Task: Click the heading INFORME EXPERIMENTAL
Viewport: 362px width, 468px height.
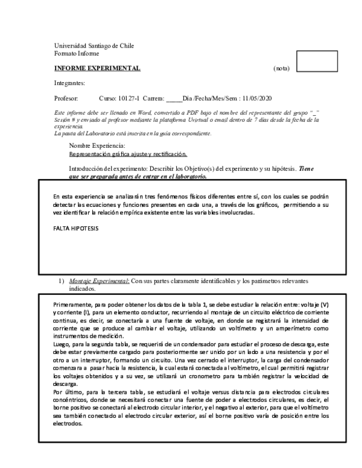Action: [97, 68]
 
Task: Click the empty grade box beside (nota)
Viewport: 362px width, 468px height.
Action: [317, 62]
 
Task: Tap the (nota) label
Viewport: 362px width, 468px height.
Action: [282, 69]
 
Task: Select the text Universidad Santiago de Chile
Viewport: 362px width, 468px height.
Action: [94, 46]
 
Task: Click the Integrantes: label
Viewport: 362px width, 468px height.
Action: [69, 83]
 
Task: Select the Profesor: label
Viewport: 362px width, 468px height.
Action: [66, 98]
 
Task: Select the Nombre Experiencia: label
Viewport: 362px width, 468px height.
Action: [97, 146]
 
